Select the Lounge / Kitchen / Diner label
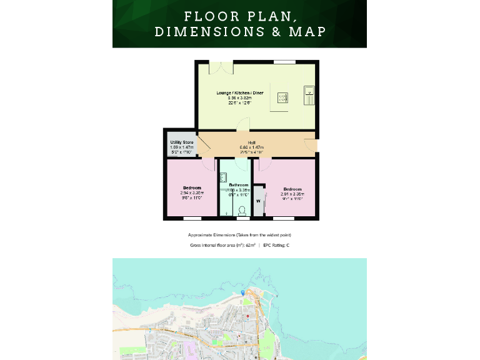click(x=240, y=93)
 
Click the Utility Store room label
click(x=182, y=142)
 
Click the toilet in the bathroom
click(x=242, y=211)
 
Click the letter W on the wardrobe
click(x=258, y=201)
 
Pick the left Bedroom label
click(x=192, y=188)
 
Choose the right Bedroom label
click(x=292, y=189)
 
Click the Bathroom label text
click(x=238, y=185)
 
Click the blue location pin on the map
click(x=243, y=292)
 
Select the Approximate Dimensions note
click(x=240, y=235)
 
